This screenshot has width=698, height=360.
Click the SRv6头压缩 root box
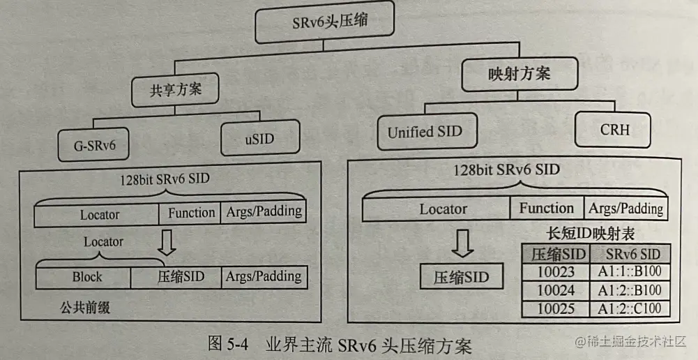324,24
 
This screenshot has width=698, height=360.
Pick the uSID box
259,138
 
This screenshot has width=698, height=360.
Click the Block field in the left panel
86,277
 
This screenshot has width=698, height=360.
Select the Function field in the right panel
546,209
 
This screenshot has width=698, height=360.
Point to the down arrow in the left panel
166,241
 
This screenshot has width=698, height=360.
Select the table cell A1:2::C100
629,308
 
